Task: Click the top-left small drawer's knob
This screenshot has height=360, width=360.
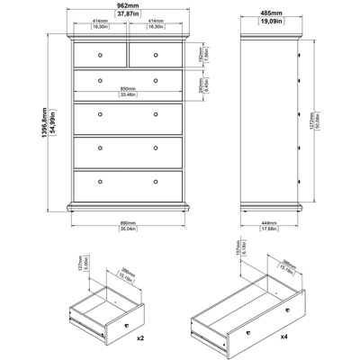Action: coord(101,58)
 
